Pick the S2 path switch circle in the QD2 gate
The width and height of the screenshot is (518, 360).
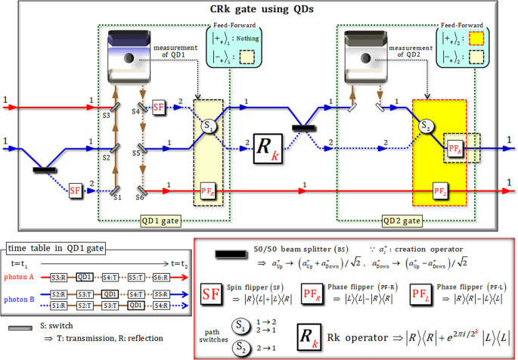(426, 126)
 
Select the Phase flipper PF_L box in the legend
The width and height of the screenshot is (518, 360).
(422, 294)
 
